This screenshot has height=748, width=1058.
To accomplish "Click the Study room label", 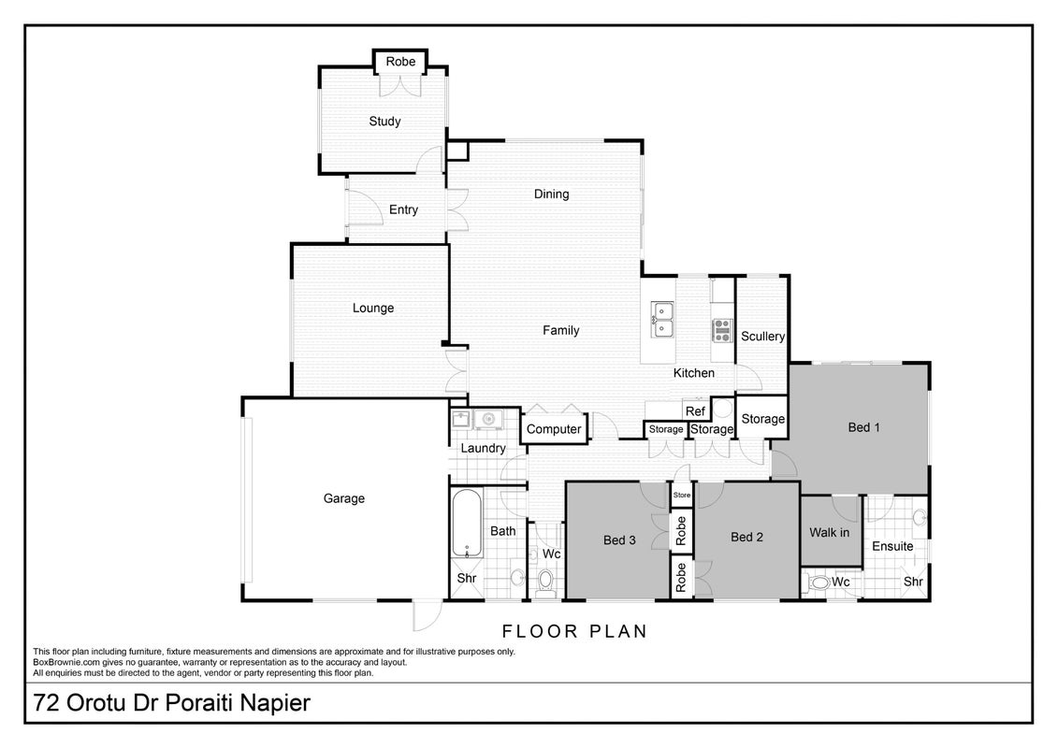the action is click(384, 122).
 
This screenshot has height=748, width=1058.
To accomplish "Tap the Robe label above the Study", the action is click(400, 62).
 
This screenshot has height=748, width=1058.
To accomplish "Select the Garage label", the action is click(344, 498).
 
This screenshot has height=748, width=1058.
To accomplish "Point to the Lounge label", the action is click(373, 309).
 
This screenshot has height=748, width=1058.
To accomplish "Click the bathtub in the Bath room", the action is click(466, 523).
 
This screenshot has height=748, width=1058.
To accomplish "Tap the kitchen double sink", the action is click(662, 320).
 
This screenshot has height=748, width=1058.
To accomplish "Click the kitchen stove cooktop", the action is click(723, 330).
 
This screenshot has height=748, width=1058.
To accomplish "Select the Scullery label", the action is click(762, 337).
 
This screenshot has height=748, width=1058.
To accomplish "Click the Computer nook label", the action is click(554, 429).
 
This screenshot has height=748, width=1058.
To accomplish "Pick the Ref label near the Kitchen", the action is click(695, 411).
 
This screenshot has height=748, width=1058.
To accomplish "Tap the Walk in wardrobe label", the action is click(829, 533).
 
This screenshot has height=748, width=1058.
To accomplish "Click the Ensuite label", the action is click(892, 546).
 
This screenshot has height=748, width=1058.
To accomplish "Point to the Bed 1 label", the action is click(863, 427).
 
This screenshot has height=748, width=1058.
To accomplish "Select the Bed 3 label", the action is click(619, 540).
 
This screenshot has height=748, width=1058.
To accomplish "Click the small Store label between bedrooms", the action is click(682, 495).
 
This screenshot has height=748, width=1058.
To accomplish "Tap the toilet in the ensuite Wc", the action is click(819, 583).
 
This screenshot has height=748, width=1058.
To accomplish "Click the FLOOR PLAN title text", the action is click(575, 632).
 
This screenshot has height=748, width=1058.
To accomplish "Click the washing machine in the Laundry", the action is click(487, 420).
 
